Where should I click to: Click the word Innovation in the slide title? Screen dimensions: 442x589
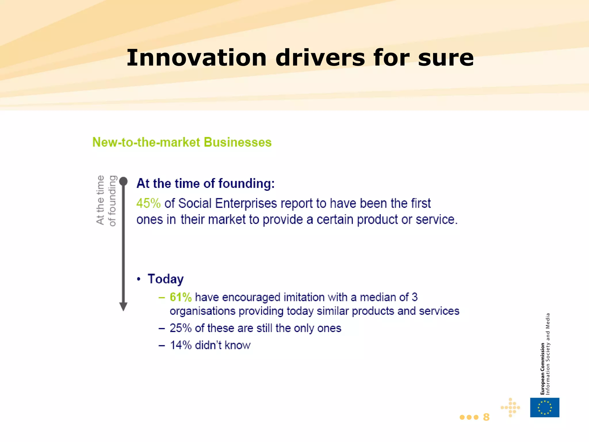[x=196, y=58]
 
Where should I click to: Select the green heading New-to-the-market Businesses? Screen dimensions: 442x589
[x=182, y=142]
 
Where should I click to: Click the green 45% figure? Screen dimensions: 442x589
[x=148, y=203]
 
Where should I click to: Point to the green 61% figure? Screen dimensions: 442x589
[x=181, y=297]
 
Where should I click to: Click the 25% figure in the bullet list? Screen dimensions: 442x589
[x=180, y=328]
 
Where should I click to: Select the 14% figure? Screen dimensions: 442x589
[x=180, y=345]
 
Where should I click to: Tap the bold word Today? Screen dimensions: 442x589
[x=166, y=279]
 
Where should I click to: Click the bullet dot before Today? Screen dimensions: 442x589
[x=139, y=279]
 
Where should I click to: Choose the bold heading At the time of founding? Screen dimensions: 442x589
[x=205, y=183]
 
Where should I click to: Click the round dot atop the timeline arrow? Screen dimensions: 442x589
[x=123, y=181]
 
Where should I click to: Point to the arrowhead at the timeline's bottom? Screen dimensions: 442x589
[x=123, y=307]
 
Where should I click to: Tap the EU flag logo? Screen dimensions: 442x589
[x=544, y=407]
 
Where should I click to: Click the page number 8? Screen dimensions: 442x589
[x=486, y=417]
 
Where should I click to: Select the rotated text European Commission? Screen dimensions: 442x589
[x=542, y=369]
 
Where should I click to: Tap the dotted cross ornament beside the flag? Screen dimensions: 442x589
[x=510, y=407]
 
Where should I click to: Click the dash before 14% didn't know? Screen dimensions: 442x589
[x=162, y=345]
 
